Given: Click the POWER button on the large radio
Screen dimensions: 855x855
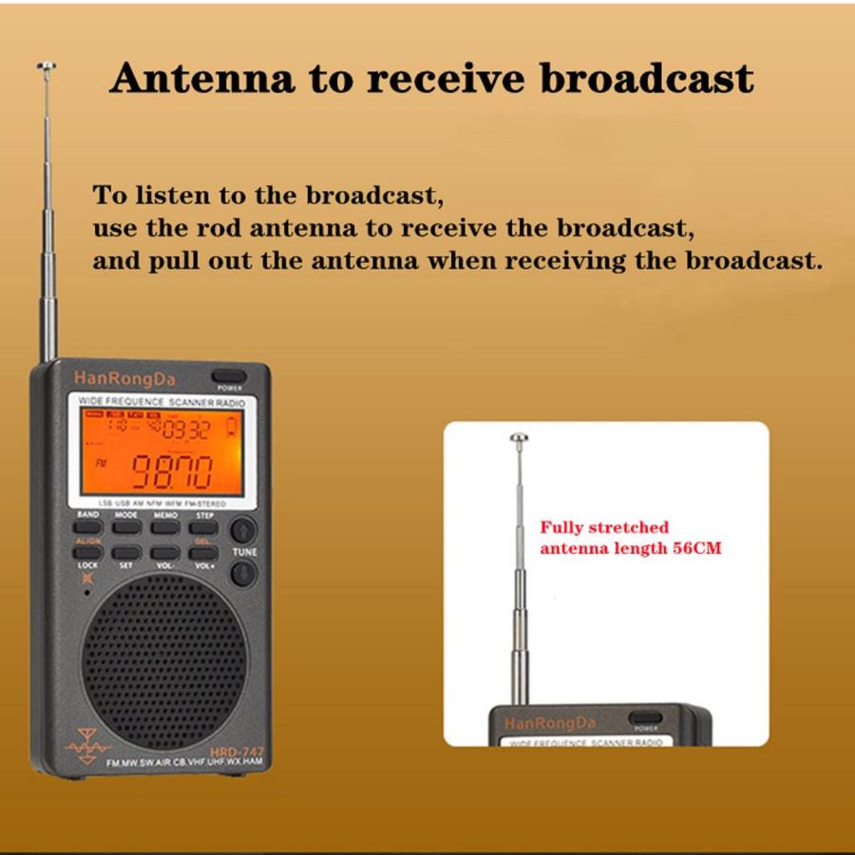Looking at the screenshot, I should [x=229, y=375].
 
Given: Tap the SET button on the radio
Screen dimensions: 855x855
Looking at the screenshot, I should [x=126, y=552].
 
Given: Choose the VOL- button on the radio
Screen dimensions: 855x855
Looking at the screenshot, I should [x=165, y=552].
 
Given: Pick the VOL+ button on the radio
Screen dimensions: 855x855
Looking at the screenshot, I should [x=205, y=552].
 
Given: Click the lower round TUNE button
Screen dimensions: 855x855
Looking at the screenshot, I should [x=243, y=573].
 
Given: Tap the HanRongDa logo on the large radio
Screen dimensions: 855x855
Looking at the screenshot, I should [x=118, y=377].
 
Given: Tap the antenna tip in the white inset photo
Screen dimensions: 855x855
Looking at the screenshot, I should [x=518, y=438].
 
